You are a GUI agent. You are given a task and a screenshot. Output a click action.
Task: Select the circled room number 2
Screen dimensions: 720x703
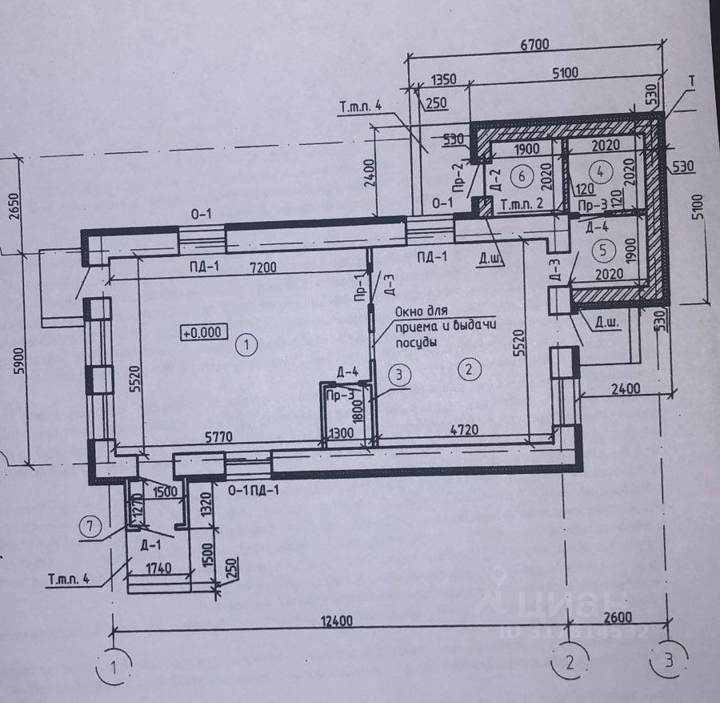[x=469, y=369]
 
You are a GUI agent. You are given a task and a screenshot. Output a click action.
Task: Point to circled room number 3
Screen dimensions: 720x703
[x=401, y=373]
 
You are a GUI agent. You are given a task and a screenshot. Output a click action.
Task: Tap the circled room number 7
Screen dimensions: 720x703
[x=90, y=527]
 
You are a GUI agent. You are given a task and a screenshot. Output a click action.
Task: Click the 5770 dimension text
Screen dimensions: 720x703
[x=218, y=440]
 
